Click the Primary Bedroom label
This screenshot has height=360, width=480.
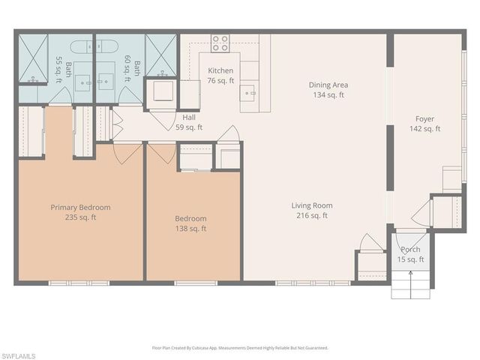tap(80, 208)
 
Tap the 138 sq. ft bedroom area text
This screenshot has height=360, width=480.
tap(190, 229)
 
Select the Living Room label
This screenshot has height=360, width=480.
tap(312, 205)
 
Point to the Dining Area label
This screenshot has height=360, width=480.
tap(328, 85)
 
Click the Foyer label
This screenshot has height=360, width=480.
tap(424, 119)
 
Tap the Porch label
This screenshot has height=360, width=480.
tap(410, 250)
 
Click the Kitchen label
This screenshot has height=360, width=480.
tap(220, 70)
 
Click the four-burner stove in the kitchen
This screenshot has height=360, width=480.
tap(220, 43)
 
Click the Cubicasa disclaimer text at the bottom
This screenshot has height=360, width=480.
tap(240, 348)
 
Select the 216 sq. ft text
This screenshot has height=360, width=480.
tap(312, 216)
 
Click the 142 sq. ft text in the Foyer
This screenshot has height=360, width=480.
tap(424, 129)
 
